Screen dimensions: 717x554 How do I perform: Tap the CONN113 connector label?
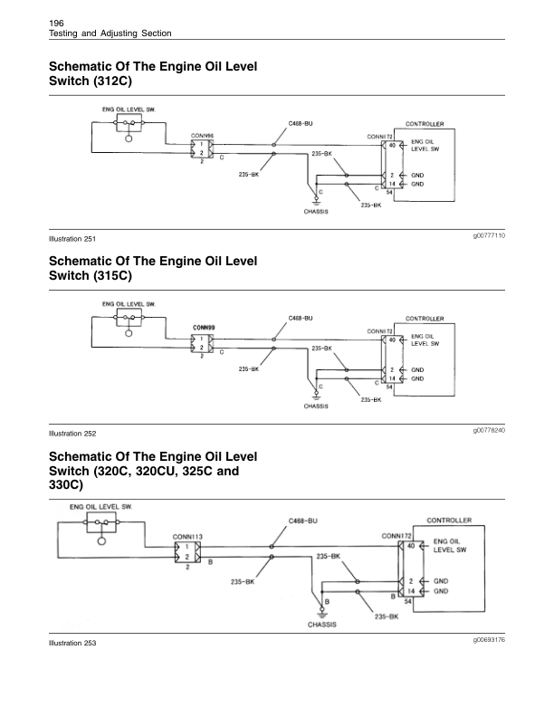coord(187,537)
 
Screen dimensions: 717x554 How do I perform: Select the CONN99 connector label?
coord(203,328)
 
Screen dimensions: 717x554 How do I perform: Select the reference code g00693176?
coord(488,639)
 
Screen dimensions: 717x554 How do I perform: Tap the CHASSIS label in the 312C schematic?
coord(316,213)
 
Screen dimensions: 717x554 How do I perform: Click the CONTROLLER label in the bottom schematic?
coord(446,521)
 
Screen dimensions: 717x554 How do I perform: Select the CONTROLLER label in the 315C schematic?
coord(424,319)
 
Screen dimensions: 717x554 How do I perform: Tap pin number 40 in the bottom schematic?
coord(410,546)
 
